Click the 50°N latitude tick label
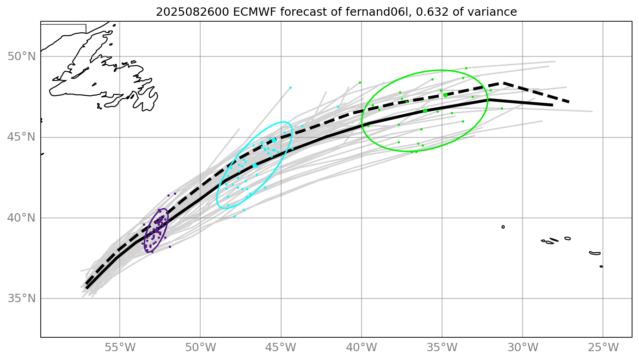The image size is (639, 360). [x=22, y=56]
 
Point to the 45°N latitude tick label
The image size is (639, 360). [x=22, y=137]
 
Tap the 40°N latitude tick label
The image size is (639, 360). [x=22, y=218]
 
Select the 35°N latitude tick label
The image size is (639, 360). [x=22, y=298]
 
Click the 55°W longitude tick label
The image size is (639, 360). [x=120, y=347]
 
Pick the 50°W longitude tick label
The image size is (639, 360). [x=200, y=347]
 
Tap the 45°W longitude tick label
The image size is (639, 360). [x=281, y=347]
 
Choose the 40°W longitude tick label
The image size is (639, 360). [x=362, y=347]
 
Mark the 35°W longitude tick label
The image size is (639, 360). [x=442, y=347]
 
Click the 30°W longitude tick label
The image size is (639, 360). [x=522, y=347]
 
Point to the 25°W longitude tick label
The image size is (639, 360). [x=603, y=347]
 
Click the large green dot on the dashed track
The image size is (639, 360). [x=445, y=95]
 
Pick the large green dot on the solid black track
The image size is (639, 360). [x=425, y=111]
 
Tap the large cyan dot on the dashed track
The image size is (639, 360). [x=274, y=140]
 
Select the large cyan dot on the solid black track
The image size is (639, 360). [x=255, y=165]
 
